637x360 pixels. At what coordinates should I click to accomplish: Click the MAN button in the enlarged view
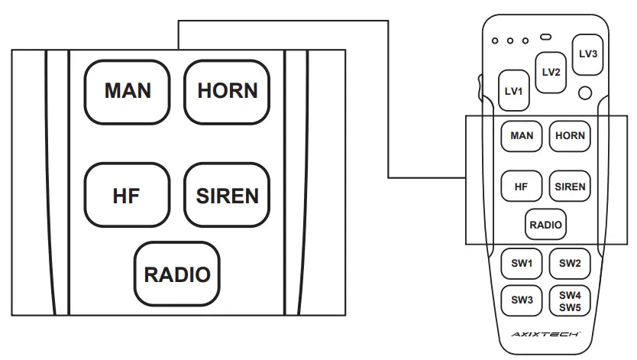click(128, 91)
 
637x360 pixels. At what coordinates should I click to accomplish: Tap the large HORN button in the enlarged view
click(227, 91)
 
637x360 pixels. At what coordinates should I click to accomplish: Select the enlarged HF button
click(127, 195)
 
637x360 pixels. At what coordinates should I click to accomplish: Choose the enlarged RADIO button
click(177, 273)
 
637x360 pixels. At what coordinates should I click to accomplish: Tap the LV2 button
click(551, 73)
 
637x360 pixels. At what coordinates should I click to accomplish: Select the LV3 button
click(588, 54)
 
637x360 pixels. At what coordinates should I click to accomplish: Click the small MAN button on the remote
click(522, 136)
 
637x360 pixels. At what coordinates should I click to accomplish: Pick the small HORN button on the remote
click(570, 136)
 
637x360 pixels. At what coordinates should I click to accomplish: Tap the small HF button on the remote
click(522, 186)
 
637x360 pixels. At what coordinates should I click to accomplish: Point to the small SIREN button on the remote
click(570, 186)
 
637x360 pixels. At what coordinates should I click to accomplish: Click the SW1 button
click(522, 264)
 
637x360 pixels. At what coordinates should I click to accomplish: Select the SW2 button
click(570, 264)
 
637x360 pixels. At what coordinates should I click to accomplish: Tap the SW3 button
click(522, 300)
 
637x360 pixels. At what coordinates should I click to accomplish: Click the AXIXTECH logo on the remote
click(546, 336)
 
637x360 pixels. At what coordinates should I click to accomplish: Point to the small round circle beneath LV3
click(585, 93)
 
